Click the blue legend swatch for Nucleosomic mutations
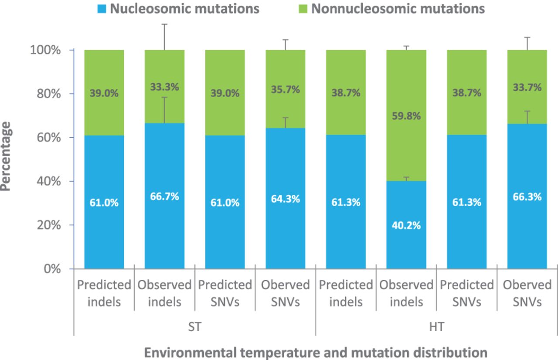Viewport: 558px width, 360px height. point(102,9)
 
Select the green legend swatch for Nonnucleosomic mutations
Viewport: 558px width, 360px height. point(303,9)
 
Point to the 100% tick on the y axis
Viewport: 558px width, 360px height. point(71,50)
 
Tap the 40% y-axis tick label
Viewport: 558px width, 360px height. point(49,181)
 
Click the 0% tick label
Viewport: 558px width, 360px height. point(52,269)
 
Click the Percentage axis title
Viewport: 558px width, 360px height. point(6,156)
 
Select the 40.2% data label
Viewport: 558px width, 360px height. point(406,225)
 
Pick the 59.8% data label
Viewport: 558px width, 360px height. point(406,116)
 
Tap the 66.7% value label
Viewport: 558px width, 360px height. point(164,197)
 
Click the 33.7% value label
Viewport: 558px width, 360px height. point(527,88)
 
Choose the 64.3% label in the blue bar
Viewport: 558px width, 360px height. point(285,199)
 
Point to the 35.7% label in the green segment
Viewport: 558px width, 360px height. point(285,89)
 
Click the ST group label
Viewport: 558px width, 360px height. point(194,326)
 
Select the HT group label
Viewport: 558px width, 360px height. point(437,326)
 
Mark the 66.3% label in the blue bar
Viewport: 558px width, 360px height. point(527,197)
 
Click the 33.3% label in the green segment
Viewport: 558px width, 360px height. point(164,87)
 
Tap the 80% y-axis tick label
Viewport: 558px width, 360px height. point(49,94)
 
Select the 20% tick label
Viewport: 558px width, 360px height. point(49,225)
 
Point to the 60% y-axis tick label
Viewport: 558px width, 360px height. point(49,138)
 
